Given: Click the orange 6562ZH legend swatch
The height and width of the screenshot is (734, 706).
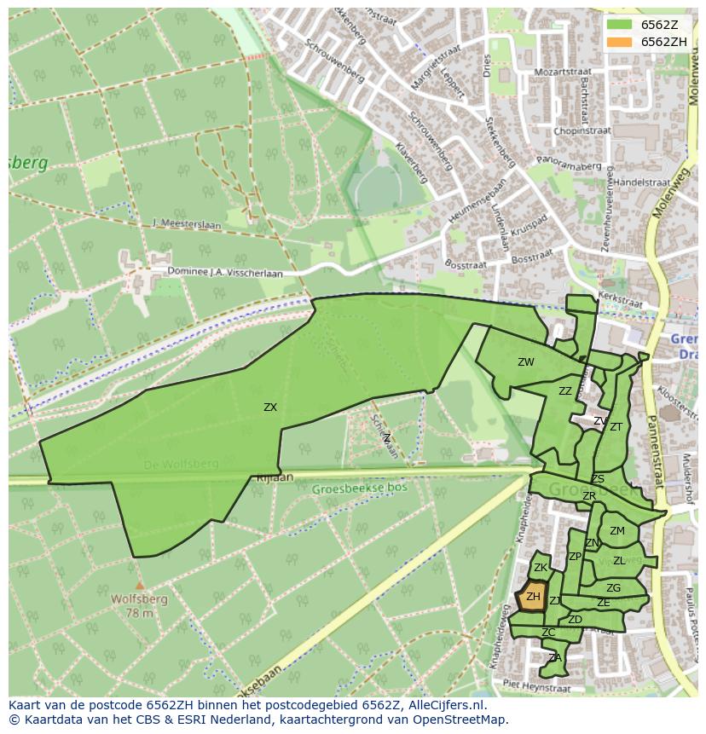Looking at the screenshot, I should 621,42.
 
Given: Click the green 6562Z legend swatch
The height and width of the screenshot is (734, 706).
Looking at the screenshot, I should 621,25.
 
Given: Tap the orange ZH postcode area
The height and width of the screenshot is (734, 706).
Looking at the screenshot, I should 533,597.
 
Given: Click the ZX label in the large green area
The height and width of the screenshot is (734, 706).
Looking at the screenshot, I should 270,407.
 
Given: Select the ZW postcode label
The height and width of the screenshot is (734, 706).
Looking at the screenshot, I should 526,362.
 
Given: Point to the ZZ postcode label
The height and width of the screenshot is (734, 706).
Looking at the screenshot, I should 565,391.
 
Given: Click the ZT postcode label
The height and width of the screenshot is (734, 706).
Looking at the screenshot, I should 616,427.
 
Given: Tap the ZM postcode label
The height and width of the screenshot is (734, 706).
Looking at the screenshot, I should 617,531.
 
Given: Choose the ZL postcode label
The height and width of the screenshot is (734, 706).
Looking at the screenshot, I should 619,561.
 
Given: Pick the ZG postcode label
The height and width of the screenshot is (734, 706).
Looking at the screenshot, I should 613,588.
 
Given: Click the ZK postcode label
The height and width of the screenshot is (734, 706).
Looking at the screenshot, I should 540,568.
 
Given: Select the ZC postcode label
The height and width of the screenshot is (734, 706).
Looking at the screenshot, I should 548,633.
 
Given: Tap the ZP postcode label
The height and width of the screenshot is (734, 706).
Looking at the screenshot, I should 575,557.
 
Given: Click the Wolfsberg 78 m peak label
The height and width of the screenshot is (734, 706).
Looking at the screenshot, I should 139,605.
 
